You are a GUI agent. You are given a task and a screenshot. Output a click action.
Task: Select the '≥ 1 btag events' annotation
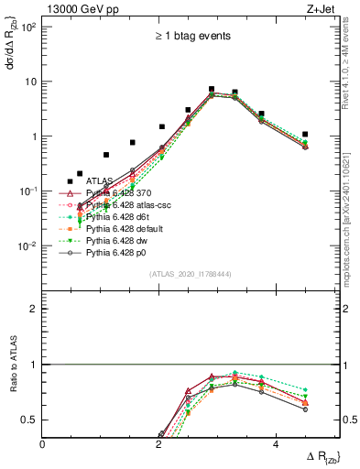(x=191, y=36)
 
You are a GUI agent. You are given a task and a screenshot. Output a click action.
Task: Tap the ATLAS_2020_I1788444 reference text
(x=191, y=274)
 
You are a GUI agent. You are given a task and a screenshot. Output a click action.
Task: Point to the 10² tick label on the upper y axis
(x=28, y=27)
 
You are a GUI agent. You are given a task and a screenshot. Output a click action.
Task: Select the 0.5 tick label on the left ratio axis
(x=29, y=420)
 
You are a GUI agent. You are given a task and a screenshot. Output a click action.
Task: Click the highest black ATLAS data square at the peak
(x=212, y=90)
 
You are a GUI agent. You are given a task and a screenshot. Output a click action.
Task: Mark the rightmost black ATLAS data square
(x=305, y=135)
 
